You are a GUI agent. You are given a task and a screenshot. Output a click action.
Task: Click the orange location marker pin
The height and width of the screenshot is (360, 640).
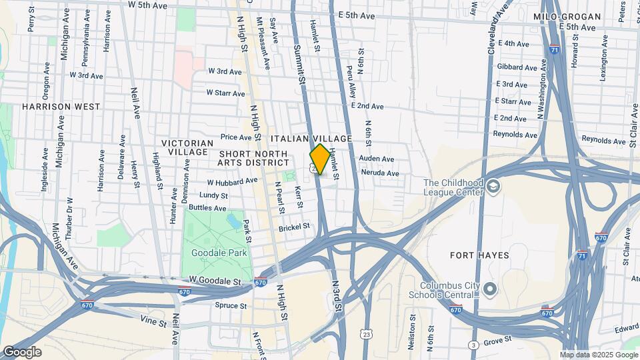point(320,159)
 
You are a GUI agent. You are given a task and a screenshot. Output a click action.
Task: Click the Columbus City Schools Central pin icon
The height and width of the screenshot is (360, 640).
point(490,289)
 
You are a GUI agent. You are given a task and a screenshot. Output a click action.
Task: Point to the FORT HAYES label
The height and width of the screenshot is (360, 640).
point(479,255)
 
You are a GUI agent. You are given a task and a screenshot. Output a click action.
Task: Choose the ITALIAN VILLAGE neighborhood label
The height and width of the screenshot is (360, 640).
point(311,138)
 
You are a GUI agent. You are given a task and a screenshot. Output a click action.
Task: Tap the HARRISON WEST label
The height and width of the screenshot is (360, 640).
point(61,107)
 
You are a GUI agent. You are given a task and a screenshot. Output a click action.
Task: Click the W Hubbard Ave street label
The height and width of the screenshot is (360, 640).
point(232,181)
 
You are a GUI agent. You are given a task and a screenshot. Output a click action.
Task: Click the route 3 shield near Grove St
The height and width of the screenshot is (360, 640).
point(473,345)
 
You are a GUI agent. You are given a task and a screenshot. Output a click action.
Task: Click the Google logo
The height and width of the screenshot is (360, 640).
point(22,352)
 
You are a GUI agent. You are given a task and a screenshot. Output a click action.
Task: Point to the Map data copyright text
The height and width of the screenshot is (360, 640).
point(598,355)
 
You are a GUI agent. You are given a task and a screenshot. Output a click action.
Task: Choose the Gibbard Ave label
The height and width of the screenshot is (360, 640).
point(517,67)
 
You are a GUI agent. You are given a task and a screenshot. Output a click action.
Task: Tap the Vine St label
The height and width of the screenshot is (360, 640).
point(153,323)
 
